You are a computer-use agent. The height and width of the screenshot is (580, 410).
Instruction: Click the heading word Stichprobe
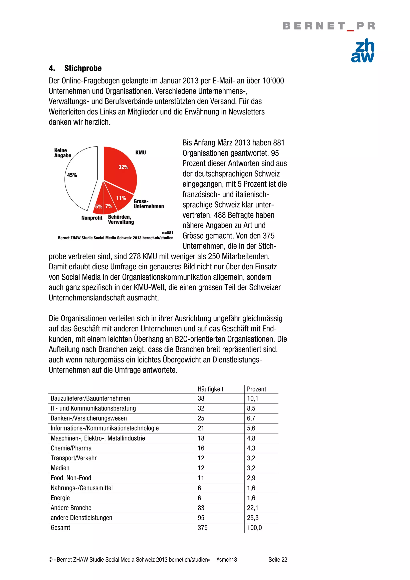point(83,68)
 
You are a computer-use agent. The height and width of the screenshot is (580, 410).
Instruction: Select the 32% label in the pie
point(123,167)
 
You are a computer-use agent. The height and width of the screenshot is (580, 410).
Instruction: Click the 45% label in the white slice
point(72,175)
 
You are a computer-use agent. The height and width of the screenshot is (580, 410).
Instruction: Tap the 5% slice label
point(98,206)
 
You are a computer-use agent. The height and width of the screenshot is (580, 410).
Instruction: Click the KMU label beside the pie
point(141,153)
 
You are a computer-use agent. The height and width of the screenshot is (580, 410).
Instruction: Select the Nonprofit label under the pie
point(92,218)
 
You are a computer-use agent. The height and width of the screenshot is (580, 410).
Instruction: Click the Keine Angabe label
point(62,153)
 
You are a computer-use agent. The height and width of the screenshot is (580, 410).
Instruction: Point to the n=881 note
point(168,233)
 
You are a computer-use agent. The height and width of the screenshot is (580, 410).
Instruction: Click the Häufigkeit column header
point(210,389)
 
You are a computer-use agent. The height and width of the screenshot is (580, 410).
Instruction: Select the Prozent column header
point(256,389)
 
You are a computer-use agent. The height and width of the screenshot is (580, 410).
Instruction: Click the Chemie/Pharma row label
point(71,448)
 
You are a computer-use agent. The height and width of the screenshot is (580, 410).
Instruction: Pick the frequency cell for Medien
point(201,468)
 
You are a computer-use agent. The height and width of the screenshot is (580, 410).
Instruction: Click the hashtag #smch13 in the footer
point(227,560)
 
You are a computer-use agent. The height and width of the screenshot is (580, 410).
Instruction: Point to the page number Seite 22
point(278,560)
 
